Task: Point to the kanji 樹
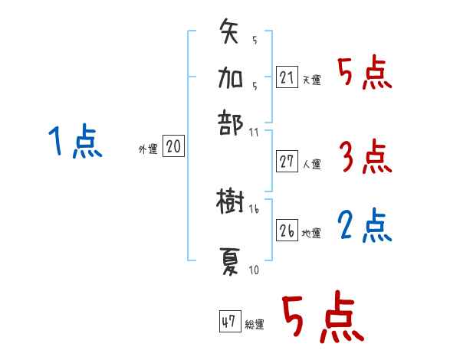click(x=230, y=203)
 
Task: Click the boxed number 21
click(x=287, y=77)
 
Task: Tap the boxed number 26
click(x=287, y=231)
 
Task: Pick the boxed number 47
click(x=229, y=322)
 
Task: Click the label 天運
click(x=311, y=80)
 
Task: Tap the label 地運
click(x=311, y=233)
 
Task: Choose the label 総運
click(x=255, y=325)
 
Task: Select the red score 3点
click(x=365, y=157)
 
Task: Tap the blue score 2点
click(x=365, y=225)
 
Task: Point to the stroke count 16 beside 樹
click(x=254, y=208)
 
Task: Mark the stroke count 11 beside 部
click(x=254, y=132)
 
